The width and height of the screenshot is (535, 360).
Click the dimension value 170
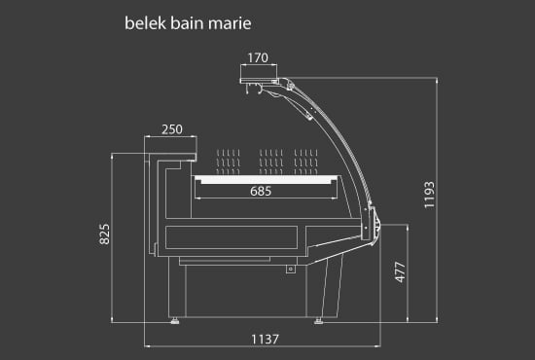257,58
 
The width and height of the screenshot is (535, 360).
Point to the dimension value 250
171,129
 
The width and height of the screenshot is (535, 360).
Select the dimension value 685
260,192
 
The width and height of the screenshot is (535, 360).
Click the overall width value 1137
265,339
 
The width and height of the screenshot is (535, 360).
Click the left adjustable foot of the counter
176,317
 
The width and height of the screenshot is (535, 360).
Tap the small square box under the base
290,270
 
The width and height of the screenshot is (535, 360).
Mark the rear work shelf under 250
171,153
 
